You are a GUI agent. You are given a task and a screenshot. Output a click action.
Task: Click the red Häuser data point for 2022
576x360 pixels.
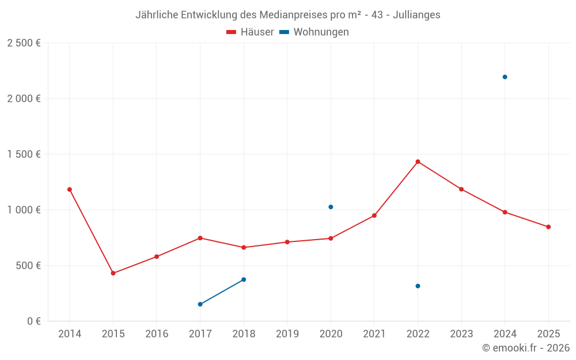pyautogui.click(x=418, y=162)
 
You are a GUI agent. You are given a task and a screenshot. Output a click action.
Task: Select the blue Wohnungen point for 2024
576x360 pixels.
pyautogui.click(x=505, y=77)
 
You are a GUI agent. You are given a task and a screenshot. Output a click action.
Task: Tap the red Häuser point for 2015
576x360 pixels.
pyautogui.click(x=113, y=273)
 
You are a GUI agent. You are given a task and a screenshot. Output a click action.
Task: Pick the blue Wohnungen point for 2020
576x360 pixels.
pyautogui.click(x=331, y=207)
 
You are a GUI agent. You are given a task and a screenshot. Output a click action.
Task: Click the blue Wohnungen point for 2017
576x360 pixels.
pyautogui.click(x=200, y=304)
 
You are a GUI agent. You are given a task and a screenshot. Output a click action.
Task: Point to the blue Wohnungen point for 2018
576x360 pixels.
pyautogui.click(x=244, y=279)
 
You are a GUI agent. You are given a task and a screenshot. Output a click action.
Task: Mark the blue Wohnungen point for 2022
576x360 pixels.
pyautogui.click(x=418, y=286)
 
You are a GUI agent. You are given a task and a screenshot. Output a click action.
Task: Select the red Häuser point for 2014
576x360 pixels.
pyautogui.click(x=70, y=190)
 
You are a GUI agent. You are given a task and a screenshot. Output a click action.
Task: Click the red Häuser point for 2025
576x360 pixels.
pyautogui.click(x=548, y=227)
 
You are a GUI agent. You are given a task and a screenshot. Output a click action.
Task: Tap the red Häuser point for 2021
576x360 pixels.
pyautogui.click(x=374, y=215)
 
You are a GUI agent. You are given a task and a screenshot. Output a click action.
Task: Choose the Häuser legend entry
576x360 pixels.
pyautogui.click(x=250, y=32)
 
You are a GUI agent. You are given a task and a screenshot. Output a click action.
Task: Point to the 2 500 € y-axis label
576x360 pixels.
pyautogui.click(x=24, y=43)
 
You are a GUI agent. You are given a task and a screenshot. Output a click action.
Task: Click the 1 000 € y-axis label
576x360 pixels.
pyautogui.click(x=24, y=210)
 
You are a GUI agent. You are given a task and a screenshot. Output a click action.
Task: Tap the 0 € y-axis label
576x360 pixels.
pyautogui.click(x=31, y=321)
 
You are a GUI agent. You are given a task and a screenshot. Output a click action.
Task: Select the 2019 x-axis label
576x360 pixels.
pyautogui.click(x=287, y=334)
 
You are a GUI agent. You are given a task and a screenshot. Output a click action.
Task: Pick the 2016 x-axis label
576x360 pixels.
pyautogui.click(x=157, y=334)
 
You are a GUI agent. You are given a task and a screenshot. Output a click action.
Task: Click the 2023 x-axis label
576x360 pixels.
pyautogui.click(x=461, y=334)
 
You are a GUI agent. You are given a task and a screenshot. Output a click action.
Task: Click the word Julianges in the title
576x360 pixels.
pyautogui.click(x=417, y=15)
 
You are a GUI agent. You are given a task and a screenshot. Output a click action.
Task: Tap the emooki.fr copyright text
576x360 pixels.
pyautogui.click(x=525, y=348)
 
